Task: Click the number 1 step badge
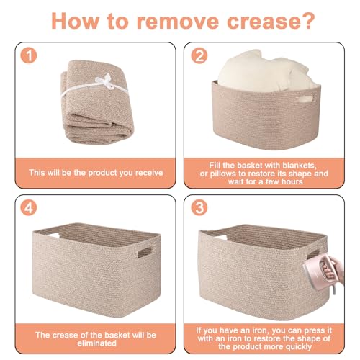[x=29, y=55]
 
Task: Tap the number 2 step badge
[x=199, y=55]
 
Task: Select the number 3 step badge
[x=199, y=207]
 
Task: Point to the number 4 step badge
[x=29, y=207]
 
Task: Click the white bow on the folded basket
[x=105, y=81]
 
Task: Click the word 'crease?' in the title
[x=271, y=21]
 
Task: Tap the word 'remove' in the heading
[x=178, y=22]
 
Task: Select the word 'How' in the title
[x=75, y=21]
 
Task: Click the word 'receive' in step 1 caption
[x=149, y=173]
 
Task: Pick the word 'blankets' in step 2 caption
[x=300, y=166]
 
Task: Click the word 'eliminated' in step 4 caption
[x=97, y=343]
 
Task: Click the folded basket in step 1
[x=96, y=102]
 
